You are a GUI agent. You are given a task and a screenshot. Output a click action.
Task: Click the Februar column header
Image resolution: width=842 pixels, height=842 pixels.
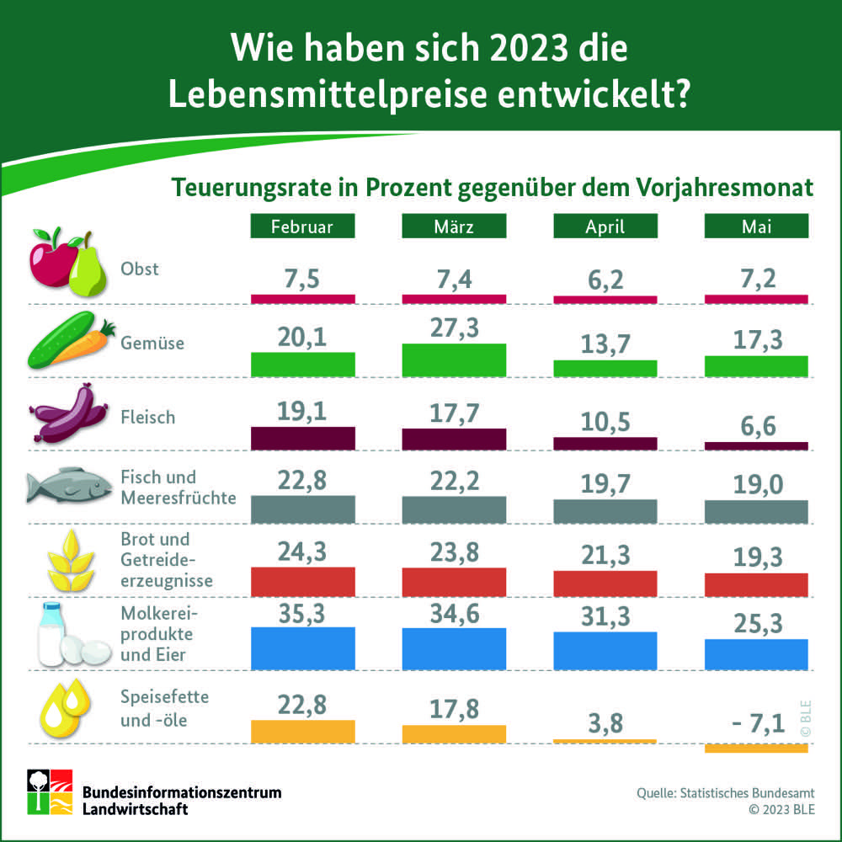pos(302,226)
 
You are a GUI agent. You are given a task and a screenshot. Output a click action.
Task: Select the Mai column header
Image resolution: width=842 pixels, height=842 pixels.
pos(755,226)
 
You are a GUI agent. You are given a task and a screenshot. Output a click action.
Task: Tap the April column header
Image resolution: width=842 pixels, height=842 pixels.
pos(605,226)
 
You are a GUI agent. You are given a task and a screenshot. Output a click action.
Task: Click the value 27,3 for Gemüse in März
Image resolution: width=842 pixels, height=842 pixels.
pos(454,328)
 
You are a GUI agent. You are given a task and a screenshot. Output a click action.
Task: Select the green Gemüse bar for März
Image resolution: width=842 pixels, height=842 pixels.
pos(454,360)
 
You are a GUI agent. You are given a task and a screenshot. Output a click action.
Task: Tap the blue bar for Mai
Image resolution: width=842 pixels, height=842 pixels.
pos(755,654)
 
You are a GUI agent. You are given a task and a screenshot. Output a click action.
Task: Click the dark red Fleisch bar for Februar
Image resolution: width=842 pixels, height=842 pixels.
pos(302,439)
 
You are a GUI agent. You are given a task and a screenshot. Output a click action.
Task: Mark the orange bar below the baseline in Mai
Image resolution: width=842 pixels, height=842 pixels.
pos(755,748)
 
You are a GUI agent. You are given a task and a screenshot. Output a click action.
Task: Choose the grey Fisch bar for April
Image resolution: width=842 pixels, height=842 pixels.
pos(605,512)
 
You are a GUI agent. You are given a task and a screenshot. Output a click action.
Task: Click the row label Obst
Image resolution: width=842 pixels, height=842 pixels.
pos(140,269)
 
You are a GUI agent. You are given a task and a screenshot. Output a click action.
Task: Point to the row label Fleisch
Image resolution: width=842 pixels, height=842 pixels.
pos(148,417)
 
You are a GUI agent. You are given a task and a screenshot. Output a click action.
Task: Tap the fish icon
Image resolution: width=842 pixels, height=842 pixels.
pos(67,488)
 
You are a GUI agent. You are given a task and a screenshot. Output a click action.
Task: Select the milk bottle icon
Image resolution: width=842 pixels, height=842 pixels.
pos(53,634)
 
